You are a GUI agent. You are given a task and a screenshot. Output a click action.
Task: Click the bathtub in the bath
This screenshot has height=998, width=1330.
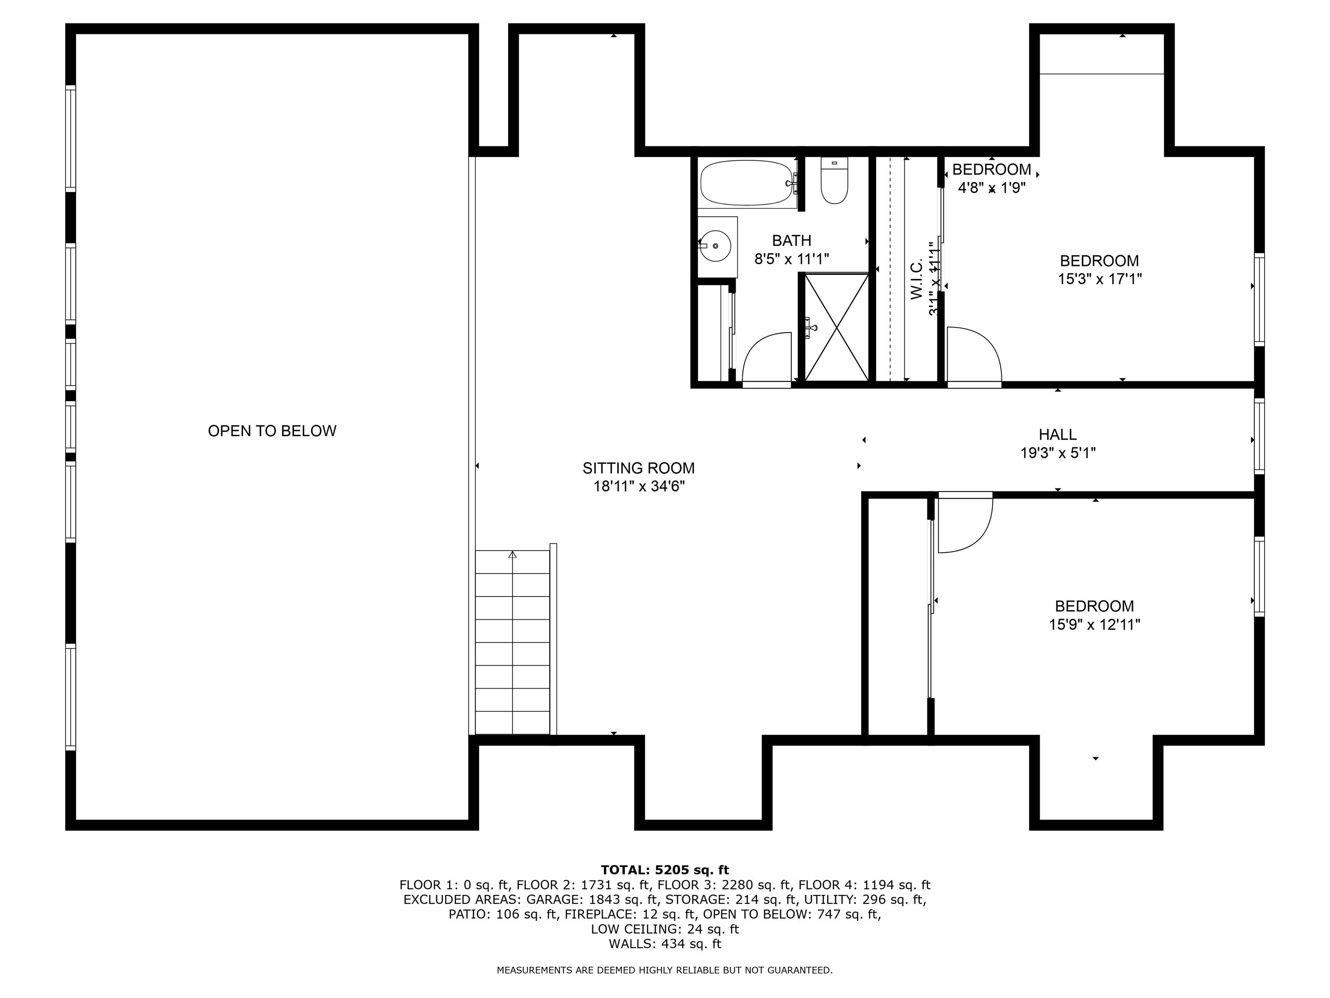(x=746, y=182)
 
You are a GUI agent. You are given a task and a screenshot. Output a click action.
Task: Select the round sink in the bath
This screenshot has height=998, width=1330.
(x=716, y=246)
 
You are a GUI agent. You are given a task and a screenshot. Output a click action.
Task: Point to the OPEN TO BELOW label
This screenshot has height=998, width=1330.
(x=272, y=431)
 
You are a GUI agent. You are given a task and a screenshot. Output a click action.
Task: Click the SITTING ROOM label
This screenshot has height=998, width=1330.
(x=639, y=468)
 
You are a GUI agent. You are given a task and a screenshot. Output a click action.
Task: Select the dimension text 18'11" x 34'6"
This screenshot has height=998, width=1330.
(x=639, y=486)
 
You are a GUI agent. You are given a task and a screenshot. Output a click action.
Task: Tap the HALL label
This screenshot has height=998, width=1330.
(x=1058, y=434)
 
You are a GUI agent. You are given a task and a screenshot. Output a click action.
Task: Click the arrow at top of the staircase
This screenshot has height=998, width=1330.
(x=512, y=554)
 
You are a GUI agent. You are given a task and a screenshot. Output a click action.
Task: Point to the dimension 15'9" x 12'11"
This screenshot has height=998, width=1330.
(x=1094, y=625)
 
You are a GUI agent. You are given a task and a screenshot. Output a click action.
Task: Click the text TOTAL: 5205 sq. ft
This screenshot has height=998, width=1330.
(x=665, y=869)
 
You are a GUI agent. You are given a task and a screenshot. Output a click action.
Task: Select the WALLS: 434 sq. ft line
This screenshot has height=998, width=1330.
(x=665, y=943)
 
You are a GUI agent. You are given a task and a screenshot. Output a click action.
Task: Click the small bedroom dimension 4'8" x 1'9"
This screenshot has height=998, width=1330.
(x=991, y=188)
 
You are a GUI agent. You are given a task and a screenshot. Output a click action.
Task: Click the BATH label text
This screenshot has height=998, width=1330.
(x=791, y=241)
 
